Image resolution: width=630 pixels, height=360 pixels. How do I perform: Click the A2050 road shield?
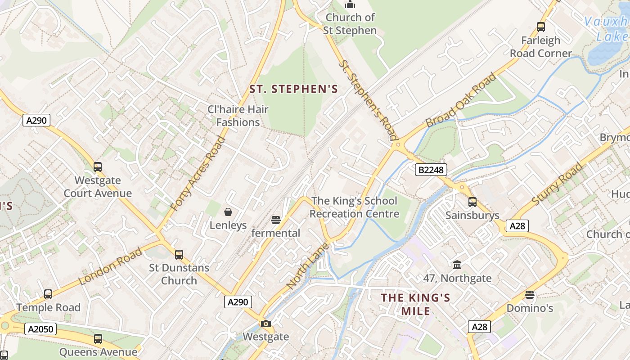tap(41, 329)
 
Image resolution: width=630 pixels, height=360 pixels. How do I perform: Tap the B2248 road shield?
tap(431, 170)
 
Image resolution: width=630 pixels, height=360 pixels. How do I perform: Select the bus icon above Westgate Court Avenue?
tap(98, 167)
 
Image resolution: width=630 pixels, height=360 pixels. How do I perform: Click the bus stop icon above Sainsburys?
tap(472, 202)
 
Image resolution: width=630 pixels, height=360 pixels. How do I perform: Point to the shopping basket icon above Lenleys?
tap(228, 211)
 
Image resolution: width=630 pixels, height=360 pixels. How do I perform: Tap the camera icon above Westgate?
tap(265, 324)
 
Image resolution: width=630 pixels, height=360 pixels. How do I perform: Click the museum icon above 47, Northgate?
tap(457, 265)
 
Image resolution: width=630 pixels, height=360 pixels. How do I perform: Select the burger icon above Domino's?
tap(530, 295)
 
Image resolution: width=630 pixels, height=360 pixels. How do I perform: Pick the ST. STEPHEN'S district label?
tap(293, 89)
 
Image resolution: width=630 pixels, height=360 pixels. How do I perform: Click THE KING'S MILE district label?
tap(415, 304)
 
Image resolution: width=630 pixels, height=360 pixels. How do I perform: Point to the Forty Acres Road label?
tap(198, 173)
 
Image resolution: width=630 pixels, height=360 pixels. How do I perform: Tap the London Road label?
tap(111, 266)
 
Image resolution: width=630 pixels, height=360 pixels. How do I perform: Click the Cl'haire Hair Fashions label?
tap(238, 116)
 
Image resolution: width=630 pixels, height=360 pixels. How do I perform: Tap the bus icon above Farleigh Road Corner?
tap(541, 27)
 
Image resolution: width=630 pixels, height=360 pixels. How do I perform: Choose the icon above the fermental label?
tap(276, 220)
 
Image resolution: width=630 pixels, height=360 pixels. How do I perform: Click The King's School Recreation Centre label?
tap(354, 207)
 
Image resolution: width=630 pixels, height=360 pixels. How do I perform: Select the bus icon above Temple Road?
tap(48, 294)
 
